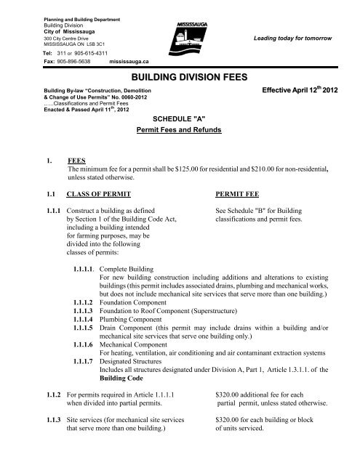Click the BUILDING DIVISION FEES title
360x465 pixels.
[180, 75]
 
